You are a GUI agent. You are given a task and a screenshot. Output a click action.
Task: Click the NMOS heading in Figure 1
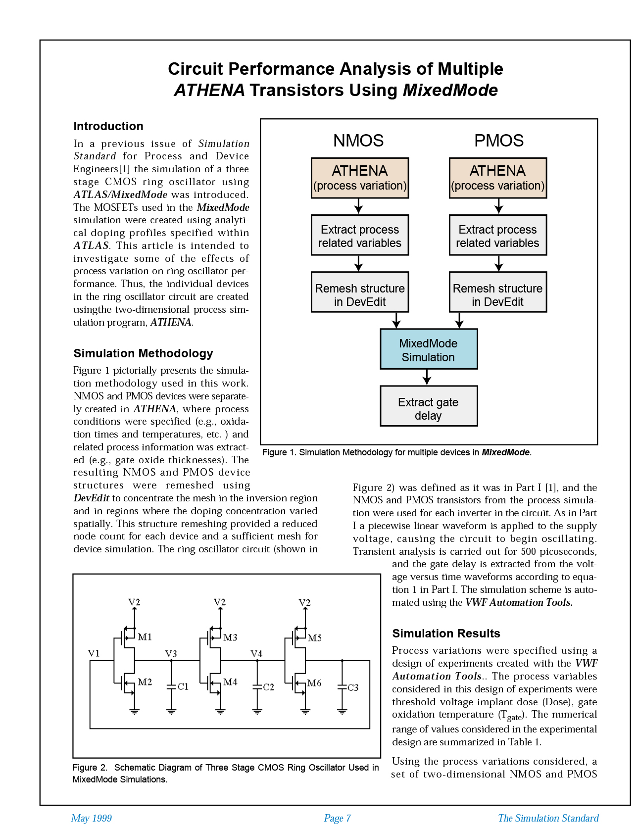click(358, 141)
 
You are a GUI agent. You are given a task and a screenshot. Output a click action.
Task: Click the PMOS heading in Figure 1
click(498, 141)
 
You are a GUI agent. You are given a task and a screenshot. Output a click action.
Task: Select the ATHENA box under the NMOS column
click(360, 178)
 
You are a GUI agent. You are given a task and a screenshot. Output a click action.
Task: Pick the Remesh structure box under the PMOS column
click(497, 292)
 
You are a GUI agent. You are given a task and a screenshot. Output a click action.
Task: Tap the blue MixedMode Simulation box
click(429, 349)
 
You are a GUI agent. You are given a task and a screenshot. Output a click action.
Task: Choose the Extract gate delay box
click(429, 406)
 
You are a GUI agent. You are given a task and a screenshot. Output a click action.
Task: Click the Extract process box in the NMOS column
click(360, 236)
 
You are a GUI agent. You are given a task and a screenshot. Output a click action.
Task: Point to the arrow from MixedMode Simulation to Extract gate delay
click(427, 378)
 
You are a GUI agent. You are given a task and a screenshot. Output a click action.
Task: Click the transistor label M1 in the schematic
click(145, 637)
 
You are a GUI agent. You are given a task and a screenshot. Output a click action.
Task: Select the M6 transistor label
click(314, 683)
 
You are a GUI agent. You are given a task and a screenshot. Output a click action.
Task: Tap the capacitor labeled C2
click(257, 687)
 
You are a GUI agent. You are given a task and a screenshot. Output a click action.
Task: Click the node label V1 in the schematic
click(94, 653)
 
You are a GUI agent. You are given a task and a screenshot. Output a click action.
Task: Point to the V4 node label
click(256, 654)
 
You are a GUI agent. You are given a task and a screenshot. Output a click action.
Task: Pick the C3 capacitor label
click(353, 687)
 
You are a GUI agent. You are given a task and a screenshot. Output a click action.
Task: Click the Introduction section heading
click(108, 126)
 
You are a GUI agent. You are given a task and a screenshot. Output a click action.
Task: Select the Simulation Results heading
click(446, 633)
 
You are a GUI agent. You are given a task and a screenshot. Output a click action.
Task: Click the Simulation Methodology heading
click(143, 353)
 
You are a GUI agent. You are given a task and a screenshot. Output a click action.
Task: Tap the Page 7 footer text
click(337, 818)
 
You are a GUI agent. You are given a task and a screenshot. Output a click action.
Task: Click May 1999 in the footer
click(92, 818)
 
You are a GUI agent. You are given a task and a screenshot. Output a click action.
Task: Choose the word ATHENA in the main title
click(209, 91)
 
